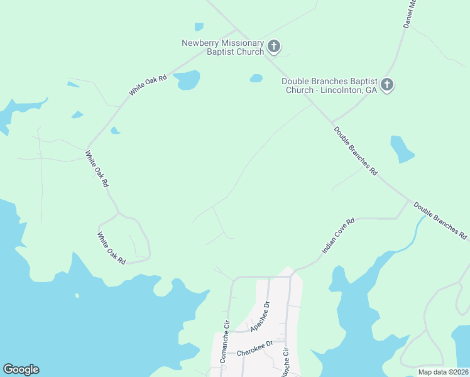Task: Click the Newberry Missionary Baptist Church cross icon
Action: [273, 46]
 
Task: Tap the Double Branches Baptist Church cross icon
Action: [387, 85]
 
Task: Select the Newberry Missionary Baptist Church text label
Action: [223, 47]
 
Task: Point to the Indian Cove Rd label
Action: [338, 236]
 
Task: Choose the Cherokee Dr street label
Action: [255, 348]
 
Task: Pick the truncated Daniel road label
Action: [409, 14]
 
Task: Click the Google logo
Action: [21, 369]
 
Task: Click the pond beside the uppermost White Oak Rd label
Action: [187, 80]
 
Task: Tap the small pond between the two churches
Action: [256, 79]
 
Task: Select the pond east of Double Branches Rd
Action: [402, 149]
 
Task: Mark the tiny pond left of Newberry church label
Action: [199, 27]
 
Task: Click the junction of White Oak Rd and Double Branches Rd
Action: [236, 29]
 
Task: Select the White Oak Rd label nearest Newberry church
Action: [149, 85]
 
